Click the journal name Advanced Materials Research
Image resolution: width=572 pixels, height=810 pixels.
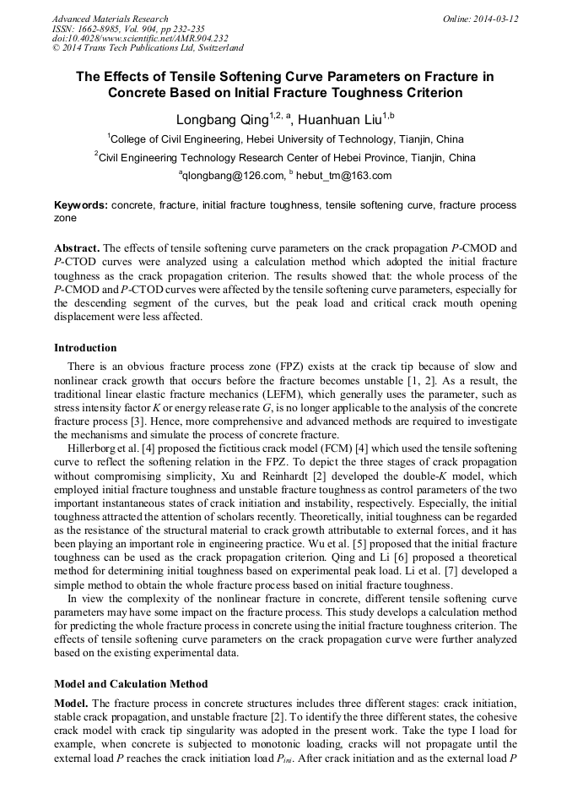(111, 19)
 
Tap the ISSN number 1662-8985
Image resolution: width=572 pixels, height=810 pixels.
(100, 29)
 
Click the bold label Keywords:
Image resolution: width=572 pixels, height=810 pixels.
(81, 205)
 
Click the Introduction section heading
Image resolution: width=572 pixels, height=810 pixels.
(85, 347)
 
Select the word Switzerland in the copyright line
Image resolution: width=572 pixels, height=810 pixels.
(219, 49)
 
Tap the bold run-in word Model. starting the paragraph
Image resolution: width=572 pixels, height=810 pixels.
(71, 703)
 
